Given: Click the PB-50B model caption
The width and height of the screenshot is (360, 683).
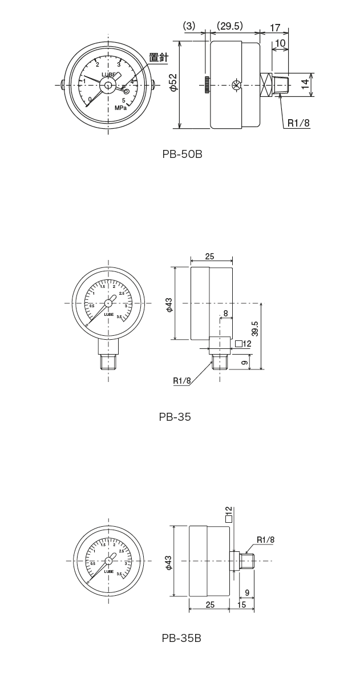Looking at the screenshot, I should (183, 154).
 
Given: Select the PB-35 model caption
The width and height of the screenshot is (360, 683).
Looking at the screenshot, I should (175, 417).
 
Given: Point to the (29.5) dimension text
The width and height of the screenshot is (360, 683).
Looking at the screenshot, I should (230, 26).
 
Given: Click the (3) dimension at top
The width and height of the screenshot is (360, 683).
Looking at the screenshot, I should (189, 26).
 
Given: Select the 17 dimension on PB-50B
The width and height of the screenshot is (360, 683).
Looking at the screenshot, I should (274, 27).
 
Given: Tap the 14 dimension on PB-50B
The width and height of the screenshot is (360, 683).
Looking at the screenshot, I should (305, 85).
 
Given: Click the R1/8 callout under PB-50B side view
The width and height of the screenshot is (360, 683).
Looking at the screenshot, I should (298, 122).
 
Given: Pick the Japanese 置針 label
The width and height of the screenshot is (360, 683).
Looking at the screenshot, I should (158, 57).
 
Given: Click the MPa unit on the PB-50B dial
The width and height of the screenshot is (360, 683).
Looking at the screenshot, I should (120, 108).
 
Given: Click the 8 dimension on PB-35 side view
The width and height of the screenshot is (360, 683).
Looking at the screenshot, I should (226, 313).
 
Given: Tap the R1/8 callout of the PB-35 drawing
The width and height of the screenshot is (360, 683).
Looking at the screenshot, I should (182, 380).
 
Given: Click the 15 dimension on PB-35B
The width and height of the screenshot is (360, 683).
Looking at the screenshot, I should (242, 604).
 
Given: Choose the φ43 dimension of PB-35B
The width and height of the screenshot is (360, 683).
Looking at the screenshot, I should (169, 561).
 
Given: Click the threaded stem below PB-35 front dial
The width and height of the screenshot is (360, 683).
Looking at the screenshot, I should (108, 361).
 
